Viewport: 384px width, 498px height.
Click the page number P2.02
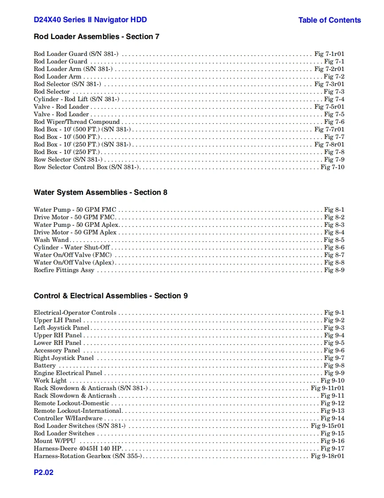[43, 472]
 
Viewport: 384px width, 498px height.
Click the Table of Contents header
[329, 20]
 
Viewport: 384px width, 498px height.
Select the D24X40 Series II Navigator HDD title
[90, 20]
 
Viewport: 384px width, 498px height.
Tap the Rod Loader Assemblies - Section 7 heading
[96, 36]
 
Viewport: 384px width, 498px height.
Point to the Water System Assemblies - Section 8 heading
[100, 192]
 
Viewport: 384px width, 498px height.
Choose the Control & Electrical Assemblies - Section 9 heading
[110, 296]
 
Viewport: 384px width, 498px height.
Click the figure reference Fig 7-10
[333, 167]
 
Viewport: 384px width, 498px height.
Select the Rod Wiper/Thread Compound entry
[77, 122]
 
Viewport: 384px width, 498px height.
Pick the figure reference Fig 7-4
[334, 99]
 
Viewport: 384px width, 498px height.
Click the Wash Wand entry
[51, 240]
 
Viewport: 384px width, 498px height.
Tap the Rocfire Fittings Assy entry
[64, 270]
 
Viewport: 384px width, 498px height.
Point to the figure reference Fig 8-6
[334, 247]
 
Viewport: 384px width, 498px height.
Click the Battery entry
[45, 365]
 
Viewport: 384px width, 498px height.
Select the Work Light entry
[50, 380]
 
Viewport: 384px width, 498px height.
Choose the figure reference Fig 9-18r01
[327, 456]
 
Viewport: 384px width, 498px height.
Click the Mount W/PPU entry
[55, 441]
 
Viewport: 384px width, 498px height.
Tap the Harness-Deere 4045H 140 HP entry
[78, 448]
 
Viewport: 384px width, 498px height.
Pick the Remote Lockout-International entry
[78, 411]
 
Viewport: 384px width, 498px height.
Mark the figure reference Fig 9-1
[334, 312]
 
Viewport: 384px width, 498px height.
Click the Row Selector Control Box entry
[86, 167]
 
